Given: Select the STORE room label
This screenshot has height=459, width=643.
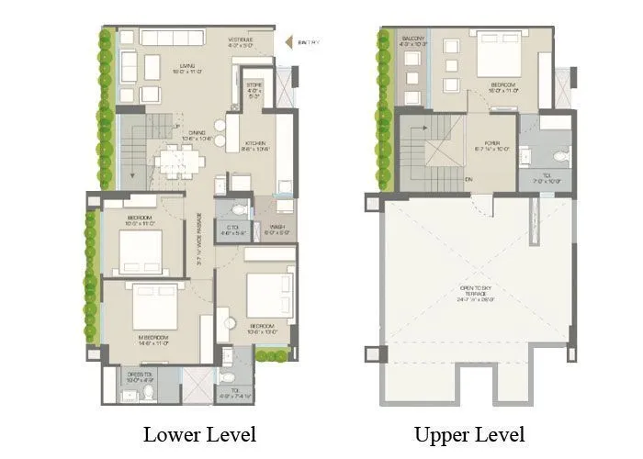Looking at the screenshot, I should (x=254, y=93).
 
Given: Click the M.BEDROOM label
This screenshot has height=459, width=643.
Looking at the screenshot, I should (x=152, y=340).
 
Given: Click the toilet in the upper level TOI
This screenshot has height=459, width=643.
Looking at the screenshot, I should (x=560, y=156).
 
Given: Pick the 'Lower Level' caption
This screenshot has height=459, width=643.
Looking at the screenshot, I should (x=199, y=433).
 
